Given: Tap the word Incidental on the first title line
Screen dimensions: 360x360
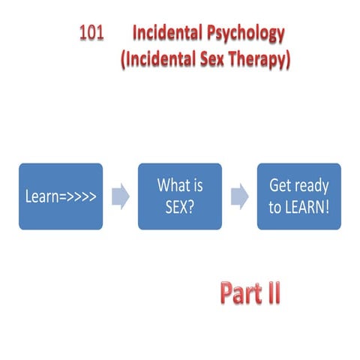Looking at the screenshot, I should [169, 34].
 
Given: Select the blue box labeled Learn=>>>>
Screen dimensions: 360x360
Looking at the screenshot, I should [60, 196].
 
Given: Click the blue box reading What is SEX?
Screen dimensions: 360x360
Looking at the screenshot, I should [180, 196].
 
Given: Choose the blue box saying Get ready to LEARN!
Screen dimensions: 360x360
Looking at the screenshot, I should [299, 196].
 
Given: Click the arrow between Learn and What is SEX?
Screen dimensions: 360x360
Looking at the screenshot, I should [120, 196].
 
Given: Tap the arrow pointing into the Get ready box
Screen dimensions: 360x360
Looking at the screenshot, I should [239, 196].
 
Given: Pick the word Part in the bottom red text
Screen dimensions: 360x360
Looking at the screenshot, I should [240, 293].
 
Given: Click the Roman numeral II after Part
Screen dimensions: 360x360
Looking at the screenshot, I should [271, 293].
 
